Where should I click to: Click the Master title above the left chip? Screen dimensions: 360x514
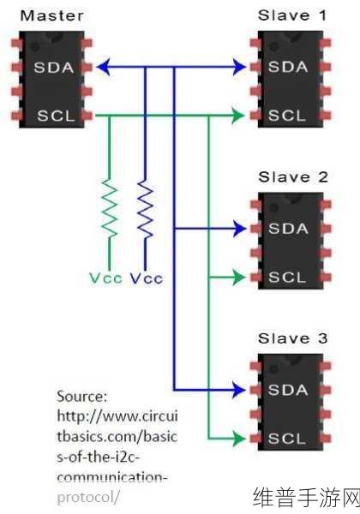coord(51,15)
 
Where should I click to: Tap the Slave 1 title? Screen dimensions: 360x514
coord(292,15)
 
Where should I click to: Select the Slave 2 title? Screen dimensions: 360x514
coord(293,177)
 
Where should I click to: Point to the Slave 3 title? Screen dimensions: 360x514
coord(292,338)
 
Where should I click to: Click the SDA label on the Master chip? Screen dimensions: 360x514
coord(54,68)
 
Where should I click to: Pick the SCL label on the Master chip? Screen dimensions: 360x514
coord(56,116)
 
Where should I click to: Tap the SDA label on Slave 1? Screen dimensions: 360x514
coord(288,67)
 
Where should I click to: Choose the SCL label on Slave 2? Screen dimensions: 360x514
coord(287,278)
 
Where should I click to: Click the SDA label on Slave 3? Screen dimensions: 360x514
coord(288,390)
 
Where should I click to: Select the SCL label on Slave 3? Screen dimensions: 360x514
coord(287,439)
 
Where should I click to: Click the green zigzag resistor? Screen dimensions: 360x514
coord(109,208)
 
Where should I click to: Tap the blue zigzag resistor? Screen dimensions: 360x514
coord(145,208)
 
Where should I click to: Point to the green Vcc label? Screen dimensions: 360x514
coord(105,278)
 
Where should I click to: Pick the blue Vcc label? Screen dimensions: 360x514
coord(147,278)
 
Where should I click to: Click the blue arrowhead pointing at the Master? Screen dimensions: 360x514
coord(103,68)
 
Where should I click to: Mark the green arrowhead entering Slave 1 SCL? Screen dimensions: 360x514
coord(238,116)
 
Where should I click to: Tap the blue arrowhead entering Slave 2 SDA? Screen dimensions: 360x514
coord(239,229)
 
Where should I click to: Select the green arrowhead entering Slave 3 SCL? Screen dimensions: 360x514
coord(239,439)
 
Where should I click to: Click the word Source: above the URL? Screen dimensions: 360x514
coord(82,397)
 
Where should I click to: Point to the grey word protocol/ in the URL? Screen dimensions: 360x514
coord(88,498)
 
